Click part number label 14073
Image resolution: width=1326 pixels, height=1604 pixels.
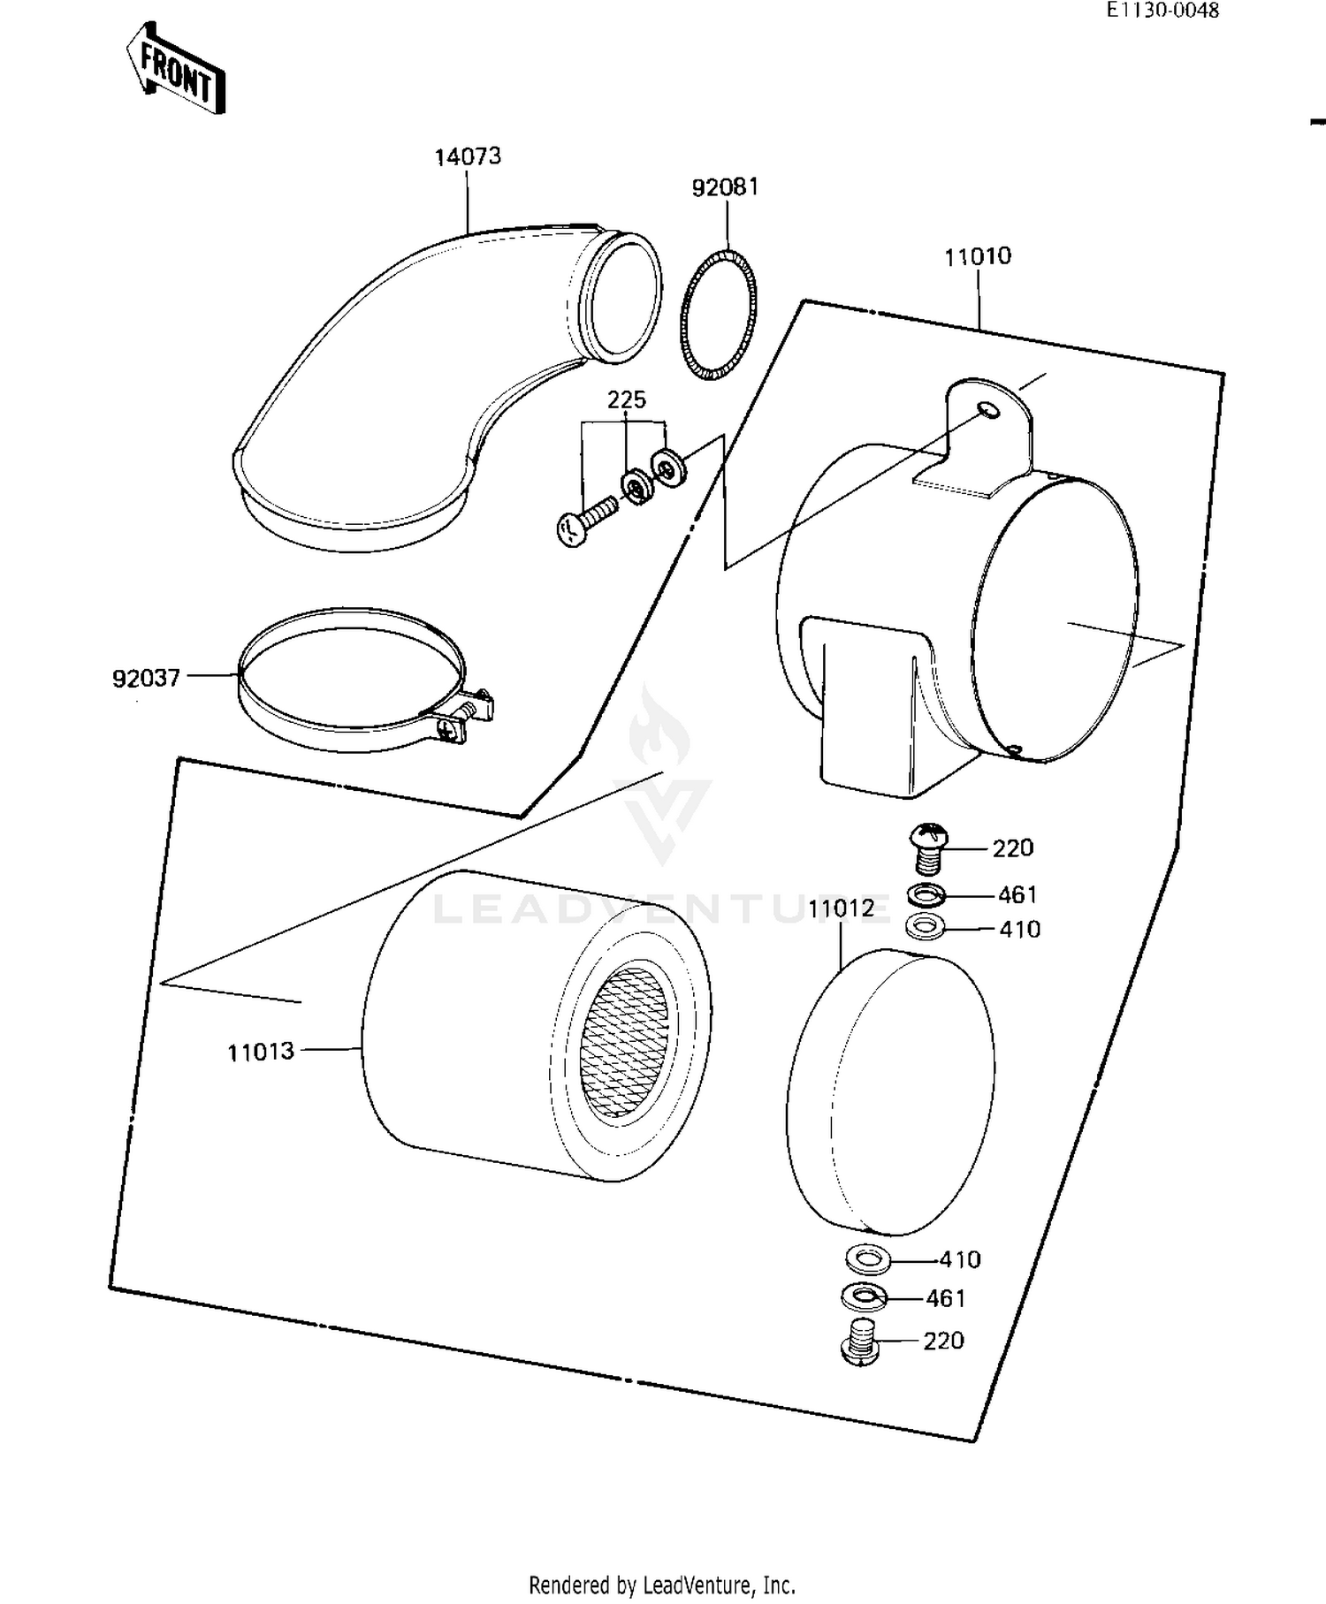tap(467, 156)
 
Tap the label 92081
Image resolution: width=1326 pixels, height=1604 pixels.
tap(725, 187)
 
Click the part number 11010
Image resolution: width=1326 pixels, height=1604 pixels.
tap(977, 256)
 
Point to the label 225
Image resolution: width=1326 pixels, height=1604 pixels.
tap(626, 399)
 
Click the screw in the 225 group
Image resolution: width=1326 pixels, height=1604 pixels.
tap(586, 521)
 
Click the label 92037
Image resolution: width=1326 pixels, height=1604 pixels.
tap(146, 678)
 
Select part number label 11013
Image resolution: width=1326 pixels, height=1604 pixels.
tap(260, 1052)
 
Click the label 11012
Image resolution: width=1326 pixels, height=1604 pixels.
tap(841, 908)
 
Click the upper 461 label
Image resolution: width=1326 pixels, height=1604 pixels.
tap(1017, 894)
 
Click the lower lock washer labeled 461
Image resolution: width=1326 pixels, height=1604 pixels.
tap(865, 1297)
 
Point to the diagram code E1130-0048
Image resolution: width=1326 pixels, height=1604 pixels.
tap(1162, 10)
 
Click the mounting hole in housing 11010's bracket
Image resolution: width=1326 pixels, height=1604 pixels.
tap(988, 409)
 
